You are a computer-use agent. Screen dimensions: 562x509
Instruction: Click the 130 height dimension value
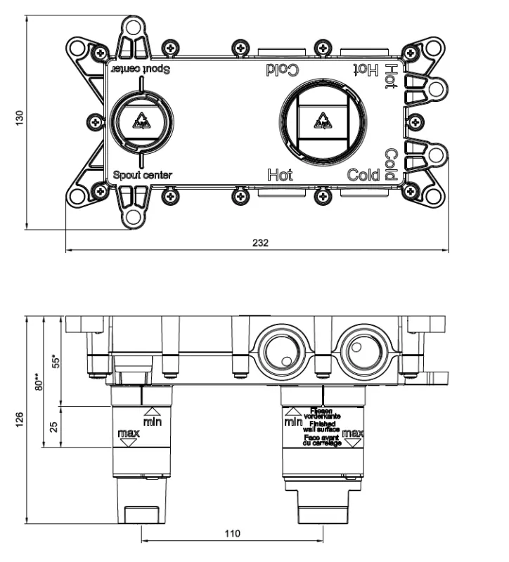click(20, 119)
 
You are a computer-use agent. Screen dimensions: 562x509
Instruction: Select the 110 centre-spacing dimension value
click(232, 534)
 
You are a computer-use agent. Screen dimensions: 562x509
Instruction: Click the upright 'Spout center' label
click(143, 175)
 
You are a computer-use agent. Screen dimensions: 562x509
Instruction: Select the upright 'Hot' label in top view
click(281, 175)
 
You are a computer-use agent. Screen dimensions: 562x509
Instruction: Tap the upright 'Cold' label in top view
click(364, 175)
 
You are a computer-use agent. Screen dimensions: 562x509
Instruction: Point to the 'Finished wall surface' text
click(323, 426)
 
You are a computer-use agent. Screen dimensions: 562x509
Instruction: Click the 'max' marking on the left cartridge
click(128, 434)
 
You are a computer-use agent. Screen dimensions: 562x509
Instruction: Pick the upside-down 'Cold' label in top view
click(283, 69)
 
